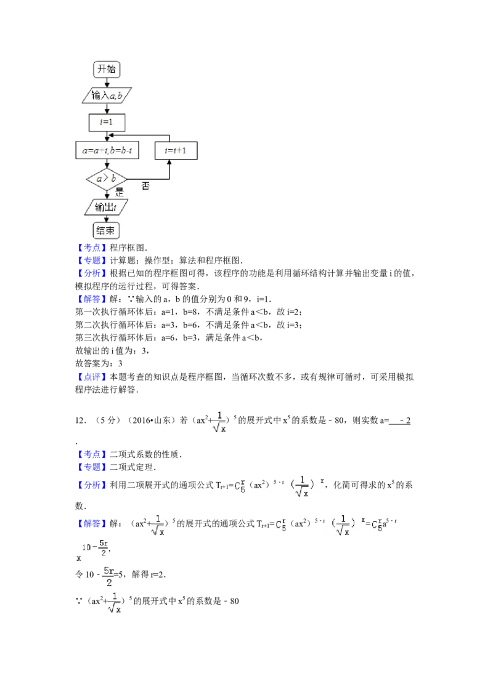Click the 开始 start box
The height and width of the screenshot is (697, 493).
107,69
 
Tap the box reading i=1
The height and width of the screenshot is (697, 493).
107,123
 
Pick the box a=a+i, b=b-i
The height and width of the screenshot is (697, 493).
107,150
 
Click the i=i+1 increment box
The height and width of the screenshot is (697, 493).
176,150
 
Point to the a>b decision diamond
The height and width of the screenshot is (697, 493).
107,179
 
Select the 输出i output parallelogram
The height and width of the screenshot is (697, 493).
107,207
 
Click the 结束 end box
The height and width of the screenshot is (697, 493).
107,231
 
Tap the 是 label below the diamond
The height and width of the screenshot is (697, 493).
120,192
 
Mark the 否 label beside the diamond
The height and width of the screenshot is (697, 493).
145,185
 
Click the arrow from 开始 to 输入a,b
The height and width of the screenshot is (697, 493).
107,82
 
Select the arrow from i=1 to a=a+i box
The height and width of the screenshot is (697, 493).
107,136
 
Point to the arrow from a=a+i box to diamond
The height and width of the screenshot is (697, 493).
107,164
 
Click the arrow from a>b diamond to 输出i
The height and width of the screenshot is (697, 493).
107,193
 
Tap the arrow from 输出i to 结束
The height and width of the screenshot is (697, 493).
107,219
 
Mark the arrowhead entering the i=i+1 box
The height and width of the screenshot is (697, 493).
169,161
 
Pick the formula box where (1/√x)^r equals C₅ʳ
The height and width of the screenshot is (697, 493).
352,525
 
